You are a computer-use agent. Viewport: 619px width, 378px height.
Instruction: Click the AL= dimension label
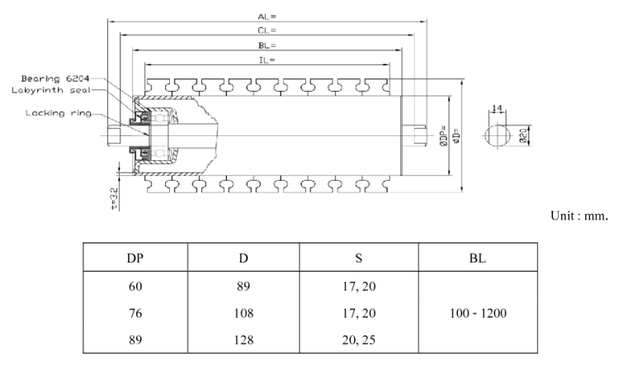coord(265,15)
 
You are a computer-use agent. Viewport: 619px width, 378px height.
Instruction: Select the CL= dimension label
coord(265,30)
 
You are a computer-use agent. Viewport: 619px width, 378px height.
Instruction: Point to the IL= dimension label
coord(266,60)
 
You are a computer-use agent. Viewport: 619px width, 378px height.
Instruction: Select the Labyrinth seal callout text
coord(50,90)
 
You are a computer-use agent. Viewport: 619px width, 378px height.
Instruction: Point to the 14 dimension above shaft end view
coord(496,109)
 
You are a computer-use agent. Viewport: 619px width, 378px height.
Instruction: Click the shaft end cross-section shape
coord(497,135)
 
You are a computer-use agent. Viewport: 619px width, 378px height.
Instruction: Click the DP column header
coord(135,258)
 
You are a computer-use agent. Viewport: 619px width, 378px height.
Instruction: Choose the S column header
coord(359,258)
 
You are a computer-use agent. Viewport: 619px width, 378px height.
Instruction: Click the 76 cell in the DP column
coord(135,314)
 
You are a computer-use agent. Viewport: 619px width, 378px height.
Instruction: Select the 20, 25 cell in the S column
coord(359,339)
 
